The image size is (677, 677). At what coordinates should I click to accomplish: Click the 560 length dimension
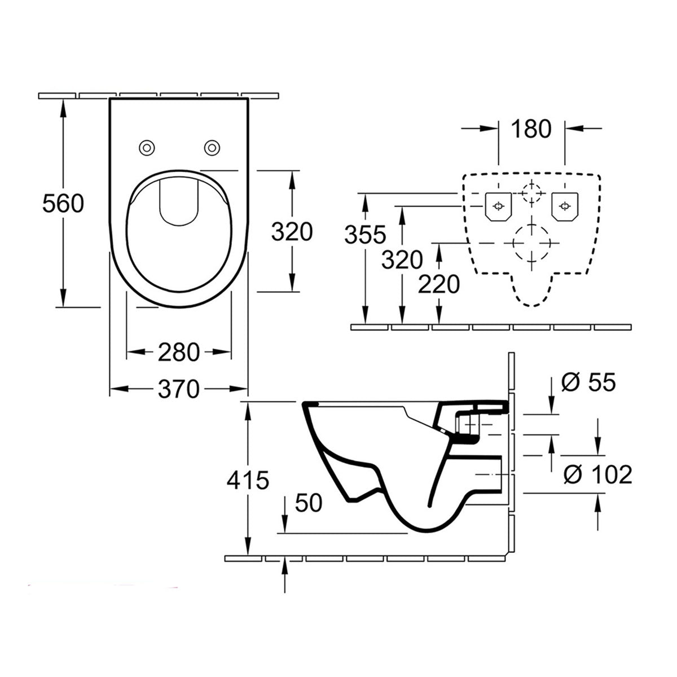(63, 203)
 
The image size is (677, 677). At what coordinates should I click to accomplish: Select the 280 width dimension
(178, 353)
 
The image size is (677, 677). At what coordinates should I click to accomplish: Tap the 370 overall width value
(178, 389)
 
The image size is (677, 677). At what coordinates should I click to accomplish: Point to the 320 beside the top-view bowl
(292, 231)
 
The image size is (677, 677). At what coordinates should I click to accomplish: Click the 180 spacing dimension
(531, 129)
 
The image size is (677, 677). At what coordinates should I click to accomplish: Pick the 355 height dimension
(366, 234)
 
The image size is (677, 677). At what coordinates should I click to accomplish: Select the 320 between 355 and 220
(402, 260)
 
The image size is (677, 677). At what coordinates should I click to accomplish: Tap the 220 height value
(439, 285)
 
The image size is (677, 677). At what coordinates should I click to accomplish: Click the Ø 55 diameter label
(588, 383)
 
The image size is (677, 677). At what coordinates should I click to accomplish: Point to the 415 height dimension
(248, 481)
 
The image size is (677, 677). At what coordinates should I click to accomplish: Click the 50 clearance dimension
(307, 502)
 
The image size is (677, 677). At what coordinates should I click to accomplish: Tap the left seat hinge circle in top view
(147, 148)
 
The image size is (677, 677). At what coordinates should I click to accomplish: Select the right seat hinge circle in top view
(212, 148)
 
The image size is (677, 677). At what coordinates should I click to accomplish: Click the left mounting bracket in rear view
(498, 206)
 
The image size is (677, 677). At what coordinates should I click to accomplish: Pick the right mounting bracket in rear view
(564, 206)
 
